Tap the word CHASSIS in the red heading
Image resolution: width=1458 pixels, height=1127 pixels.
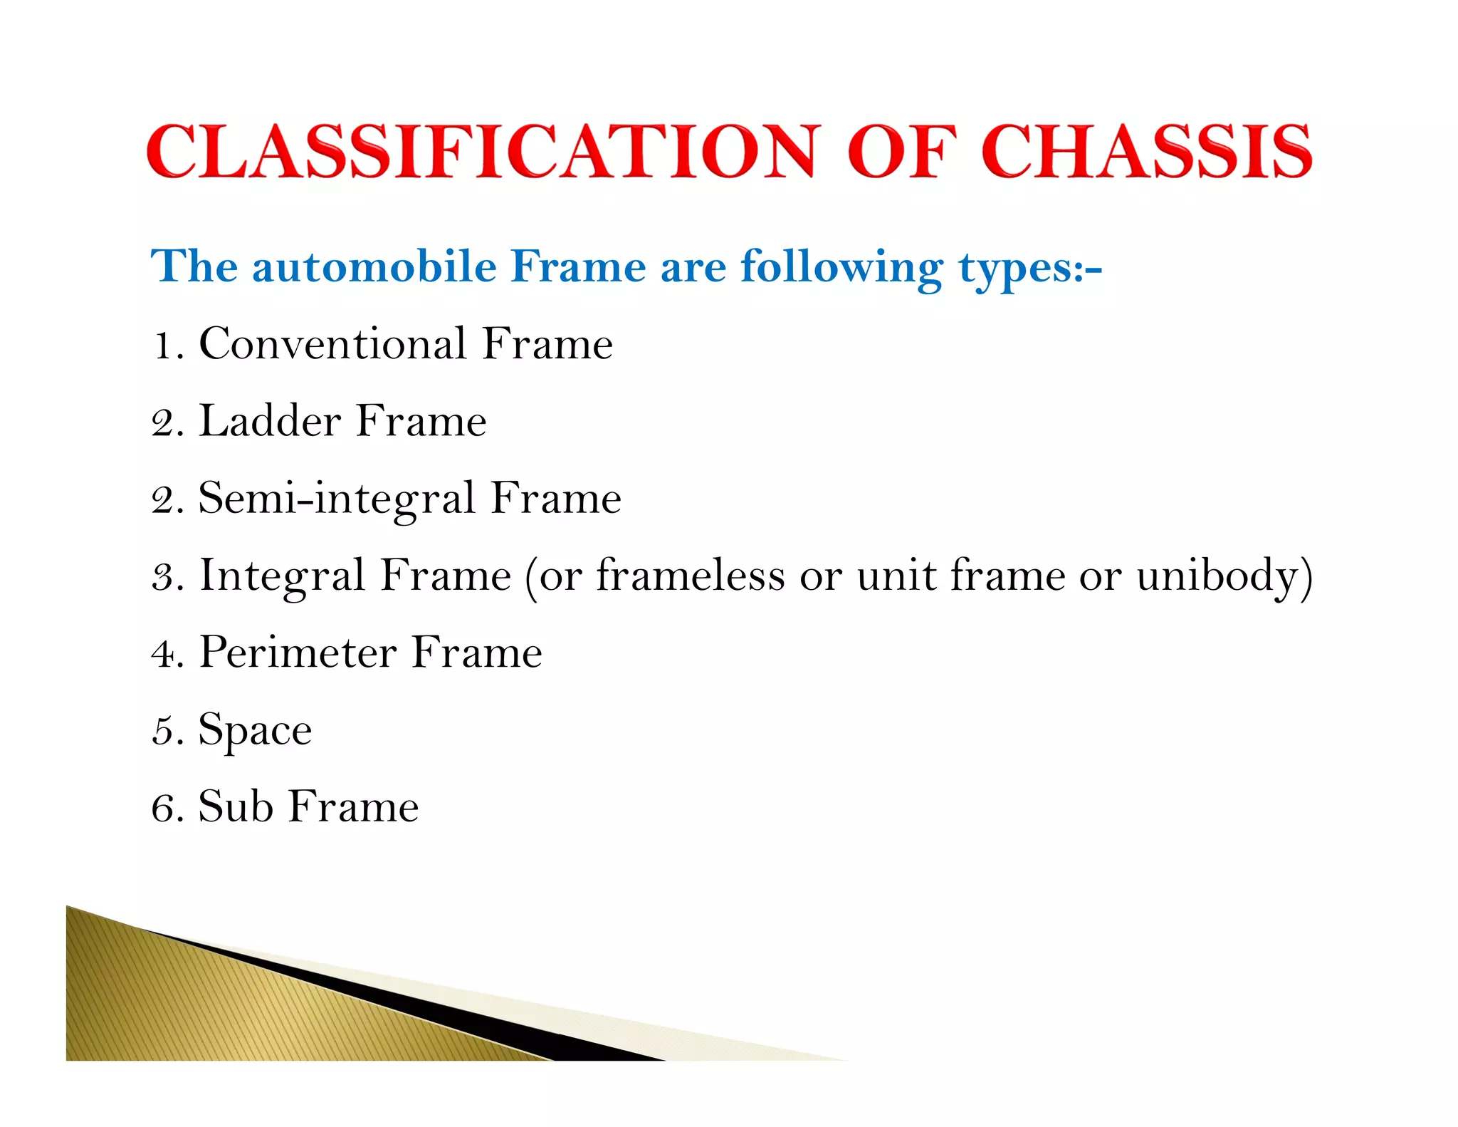click(x=1146, y=151)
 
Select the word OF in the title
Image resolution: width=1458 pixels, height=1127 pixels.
click(x=901, y=151)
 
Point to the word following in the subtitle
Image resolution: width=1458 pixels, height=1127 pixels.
click(x=841, y=268)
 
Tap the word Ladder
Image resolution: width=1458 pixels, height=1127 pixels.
click(x=270, y=421)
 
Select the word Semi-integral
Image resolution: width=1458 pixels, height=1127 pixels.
click(x=337, y=498)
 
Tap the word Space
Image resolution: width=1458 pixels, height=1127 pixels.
click(x=255, y=730)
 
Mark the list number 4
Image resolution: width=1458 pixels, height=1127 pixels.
click(x=164, y=653)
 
